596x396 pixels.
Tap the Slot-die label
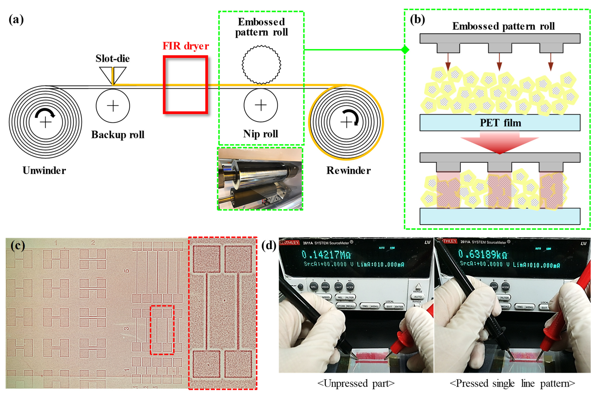112,58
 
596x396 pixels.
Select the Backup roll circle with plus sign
113,106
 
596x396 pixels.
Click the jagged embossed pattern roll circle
261,64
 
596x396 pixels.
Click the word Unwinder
44,170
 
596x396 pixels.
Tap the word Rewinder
348,170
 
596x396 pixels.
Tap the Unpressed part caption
356,383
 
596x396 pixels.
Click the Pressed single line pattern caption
512,383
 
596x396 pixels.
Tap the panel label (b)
417,19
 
